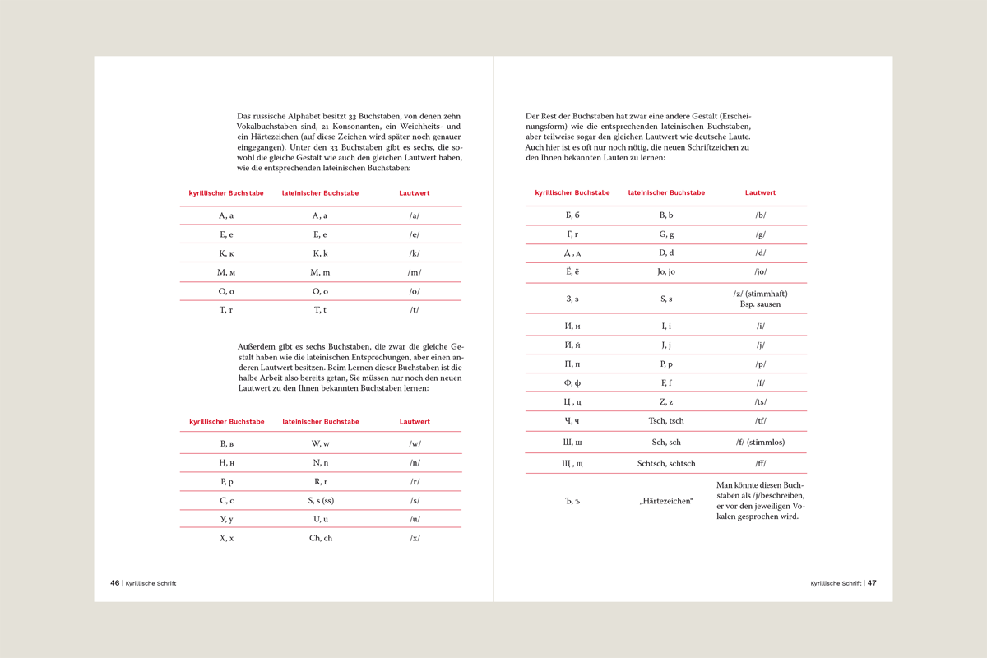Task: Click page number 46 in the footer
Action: (x=114, y=583)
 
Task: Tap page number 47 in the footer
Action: (x=872, y=583)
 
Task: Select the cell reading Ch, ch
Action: (x=321, y=538)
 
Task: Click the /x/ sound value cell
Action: (x=415, y=538)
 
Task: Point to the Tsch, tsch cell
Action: (x=666, y=421)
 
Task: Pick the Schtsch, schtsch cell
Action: (x=666, y=464)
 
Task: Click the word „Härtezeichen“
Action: (x=666, y=501)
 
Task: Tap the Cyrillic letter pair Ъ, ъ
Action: (x=572, y=501)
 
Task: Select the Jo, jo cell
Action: (x=666, y=272)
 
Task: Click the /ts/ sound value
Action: (x=761, y=402)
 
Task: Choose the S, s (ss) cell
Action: (x=321, y=500)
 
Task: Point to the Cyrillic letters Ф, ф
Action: (x=572, y=383)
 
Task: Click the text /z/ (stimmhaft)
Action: (x=760, y=294)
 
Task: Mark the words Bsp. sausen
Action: (x=760, y=304)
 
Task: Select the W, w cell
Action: (x=321, y=444)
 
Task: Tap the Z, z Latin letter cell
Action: (x=666, y=402)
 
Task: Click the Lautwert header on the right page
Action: (x=760, y=193)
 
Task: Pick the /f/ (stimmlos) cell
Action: (x=760, y=443)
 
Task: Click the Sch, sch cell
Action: (x=666, y=443)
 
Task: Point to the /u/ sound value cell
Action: (x=415, y=519)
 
